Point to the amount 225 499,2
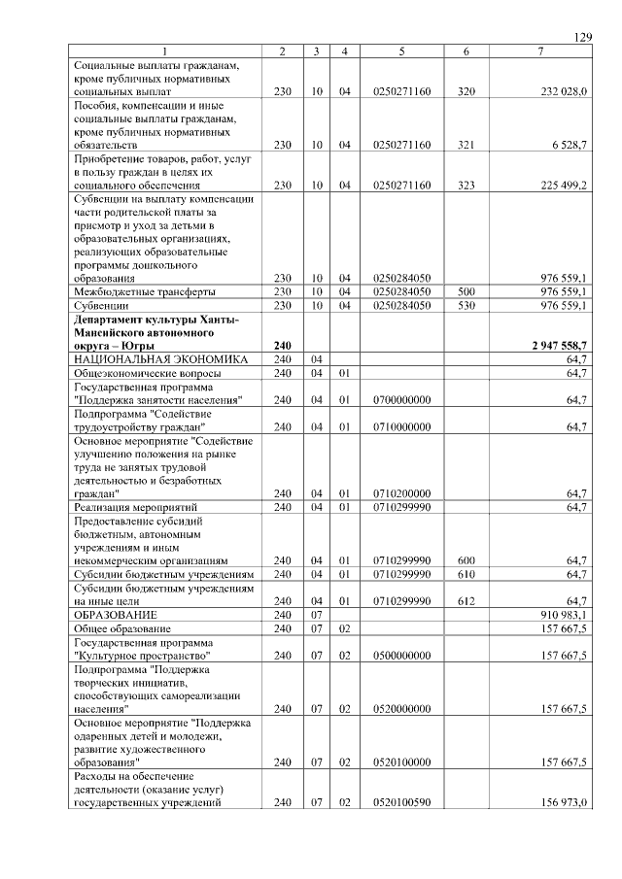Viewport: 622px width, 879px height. pyautogui.click(x=563, y=184)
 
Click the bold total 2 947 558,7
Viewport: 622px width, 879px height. pyautogui.click(x=559, y=345)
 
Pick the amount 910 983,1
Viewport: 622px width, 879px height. pyautogui.click(x=563, y=615)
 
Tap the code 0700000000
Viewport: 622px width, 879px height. pyautogui.click(x=401, y=399)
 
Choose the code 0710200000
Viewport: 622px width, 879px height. pyautogui.click(x=401, y=492)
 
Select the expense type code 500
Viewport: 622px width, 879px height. pyautogui.click(x=466, y=291)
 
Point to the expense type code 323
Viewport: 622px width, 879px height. pyautogui.click(x=466, y=184)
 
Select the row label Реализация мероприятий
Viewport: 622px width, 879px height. pyautogui.click(x=136, y=506)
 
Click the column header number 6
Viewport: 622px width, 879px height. pyautogui.click(x=466, y=51)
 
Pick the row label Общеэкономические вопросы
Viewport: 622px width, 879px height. pyautogui.click(x=147, y=373)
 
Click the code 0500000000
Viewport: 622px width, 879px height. pyautogui.click(x=401, y=655)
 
